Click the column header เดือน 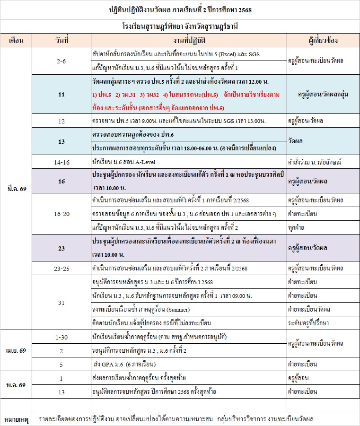pos(16,40)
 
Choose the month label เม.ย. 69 pos(16,351)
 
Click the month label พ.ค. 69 pos(16,385)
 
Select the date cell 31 pos(61,303)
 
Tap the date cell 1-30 pos(61,337)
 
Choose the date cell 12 pos(61,122)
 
